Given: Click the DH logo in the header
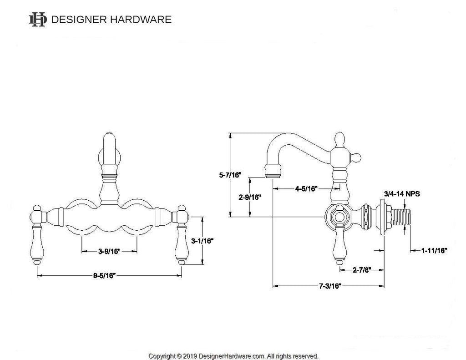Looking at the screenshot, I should pos(37,19).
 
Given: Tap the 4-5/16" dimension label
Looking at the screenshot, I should pos(306,188).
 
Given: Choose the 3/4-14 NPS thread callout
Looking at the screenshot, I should pos(402,193).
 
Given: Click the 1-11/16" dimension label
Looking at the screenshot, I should pos(434,250).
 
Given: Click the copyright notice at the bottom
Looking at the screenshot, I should pos(233,356).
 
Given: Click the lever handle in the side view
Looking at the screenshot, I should pos(340,243).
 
